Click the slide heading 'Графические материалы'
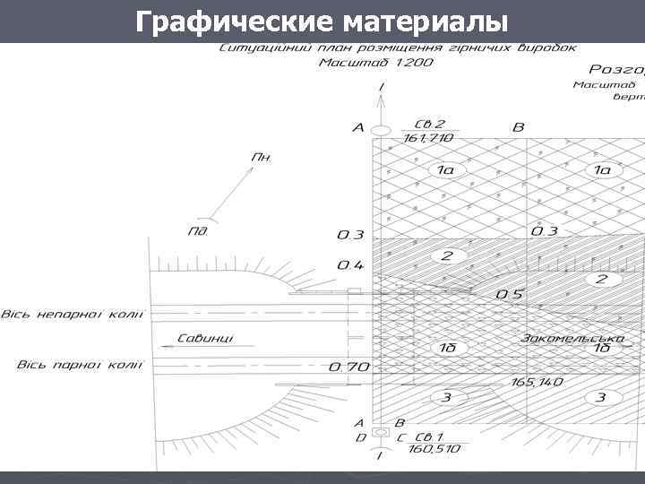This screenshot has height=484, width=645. click(321, 21)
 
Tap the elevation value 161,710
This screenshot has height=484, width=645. click(428, 138)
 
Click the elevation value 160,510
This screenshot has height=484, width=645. click(434, 448)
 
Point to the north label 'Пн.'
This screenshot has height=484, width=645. click(262, 157)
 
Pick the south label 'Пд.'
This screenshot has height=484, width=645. click(198, 230)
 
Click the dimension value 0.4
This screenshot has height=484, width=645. click(350, 265)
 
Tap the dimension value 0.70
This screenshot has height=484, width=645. click(348, 367)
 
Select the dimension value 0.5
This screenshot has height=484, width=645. click(510, 294)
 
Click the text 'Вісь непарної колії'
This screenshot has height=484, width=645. click(72, 315)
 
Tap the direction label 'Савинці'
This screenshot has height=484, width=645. click(205, 339)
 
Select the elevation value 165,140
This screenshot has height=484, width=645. click(537, 382)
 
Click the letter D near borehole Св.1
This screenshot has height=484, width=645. click(359, 436)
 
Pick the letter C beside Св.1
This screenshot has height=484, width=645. click(400, 436)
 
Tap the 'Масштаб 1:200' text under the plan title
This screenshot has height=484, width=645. click(376, 63)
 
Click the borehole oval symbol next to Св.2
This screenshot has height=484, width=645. click(382, 131)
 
